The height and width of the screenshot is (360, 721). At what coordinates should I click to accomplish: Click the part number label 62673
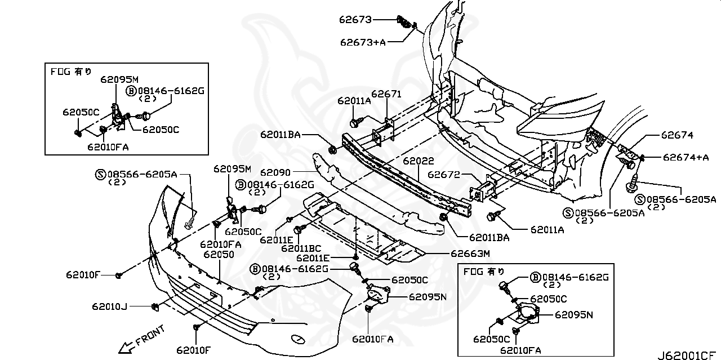pos(355,20)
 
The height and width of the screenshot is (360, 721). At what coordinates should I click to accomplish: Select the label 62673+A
pos(363,42)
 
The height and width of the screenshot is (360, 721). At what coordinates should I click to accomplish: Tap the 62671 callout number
pos(386,94)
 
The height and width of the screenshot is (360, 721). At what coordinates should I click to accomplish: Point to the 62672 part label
pos(444,175)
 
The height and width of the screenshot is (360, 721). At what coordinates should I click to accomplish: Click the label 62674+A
pos(686,157)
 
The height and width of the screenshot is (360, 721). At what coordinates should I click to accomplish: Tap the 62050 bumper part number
pos(219,255)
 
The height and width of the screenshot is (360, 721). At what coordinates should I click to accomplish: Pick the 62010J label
pos(110,306)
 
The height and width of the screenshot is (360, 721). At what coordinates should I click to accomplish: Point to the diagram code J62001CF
pos(688,355)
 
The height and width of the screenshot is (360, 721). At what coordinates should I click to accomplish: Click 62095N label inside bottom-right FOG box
pos(574,315)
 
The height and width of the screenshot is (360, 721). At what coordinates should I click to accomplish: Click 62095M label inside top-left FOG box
pos(119,79)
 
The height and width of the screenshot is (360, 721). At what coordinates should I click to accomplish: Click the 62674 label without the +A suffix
pos(677,135)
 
